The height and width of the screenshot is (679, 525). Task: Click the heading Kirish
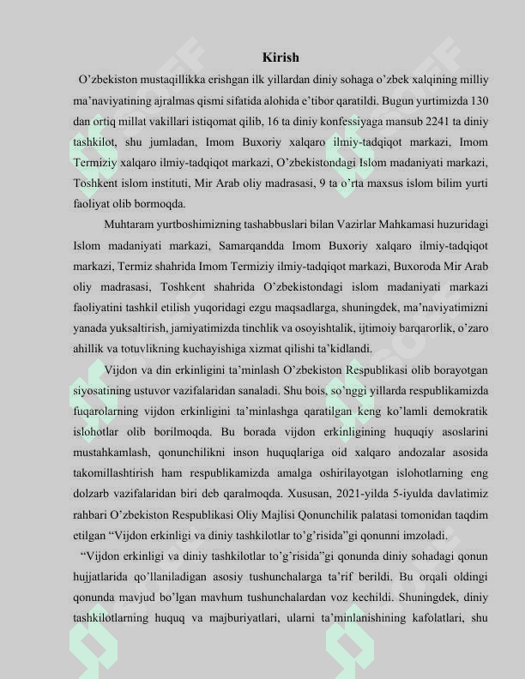[281, 58]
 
